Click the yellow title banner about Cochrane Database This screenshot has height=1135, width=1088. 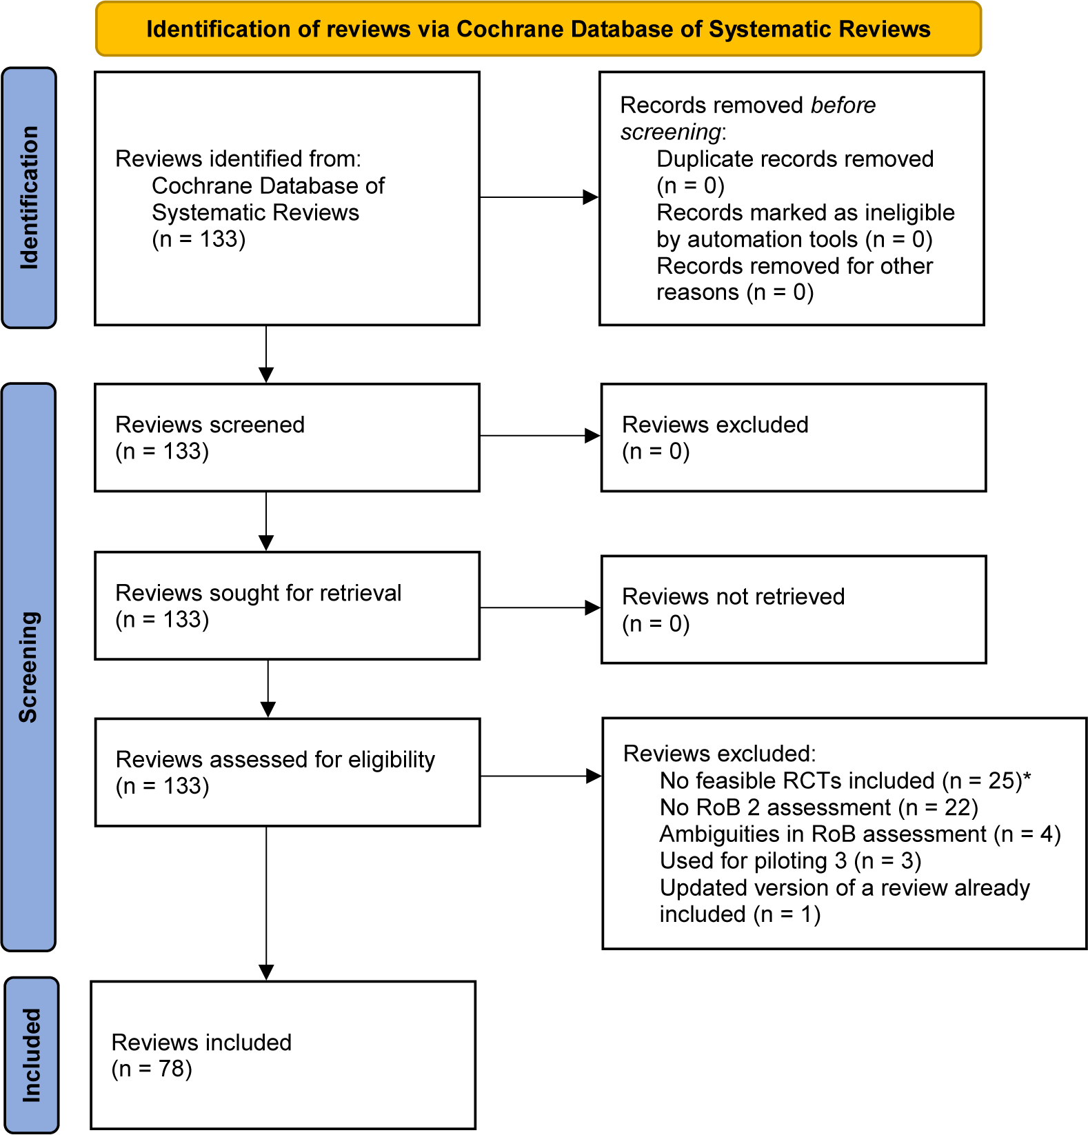pos(538,29)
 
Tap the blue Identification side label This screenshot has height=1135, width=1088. pos(29,198)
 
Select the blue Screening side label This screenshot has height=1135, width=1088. pos(29,667)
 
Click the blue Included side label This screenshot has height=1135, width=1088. pos(31,1055)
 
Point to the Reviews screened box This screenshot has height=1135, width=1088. pos(288,438)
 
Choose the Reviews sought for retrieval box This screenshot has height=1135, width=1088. pos(288,605)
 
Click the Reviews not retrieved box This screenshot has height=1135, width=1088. pos(794,610)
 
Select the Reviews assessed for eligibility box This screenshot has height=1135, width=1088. pos(288,772)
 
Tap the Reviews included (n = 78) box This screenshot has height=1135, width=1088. pos(283,1055)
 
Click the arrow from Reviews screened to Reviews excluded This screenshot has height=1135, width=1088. pos(541,436)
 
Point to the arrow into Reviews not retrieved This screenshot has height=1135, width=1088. pos(541,607)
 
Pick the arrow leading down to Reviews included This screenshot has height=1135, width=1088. pos(266,903)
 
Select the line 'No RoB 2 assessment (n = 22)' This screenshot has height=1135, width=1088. pos(819,807)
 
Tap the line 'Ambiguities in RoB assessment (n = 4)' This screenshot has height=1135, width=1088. pos(860,834)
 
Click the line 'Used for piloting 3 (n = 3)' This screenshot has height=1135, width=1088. pos(791,861)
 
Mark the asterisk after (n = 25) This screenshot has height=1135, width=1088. pos(1027,777)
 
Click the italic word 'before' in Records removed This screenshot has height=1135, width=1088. pos(843,106)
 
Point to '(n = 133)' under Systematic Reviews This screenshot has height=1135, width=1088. pos(199,239)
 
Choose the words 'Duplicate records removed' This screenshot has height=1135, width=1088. pos(795,159)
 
